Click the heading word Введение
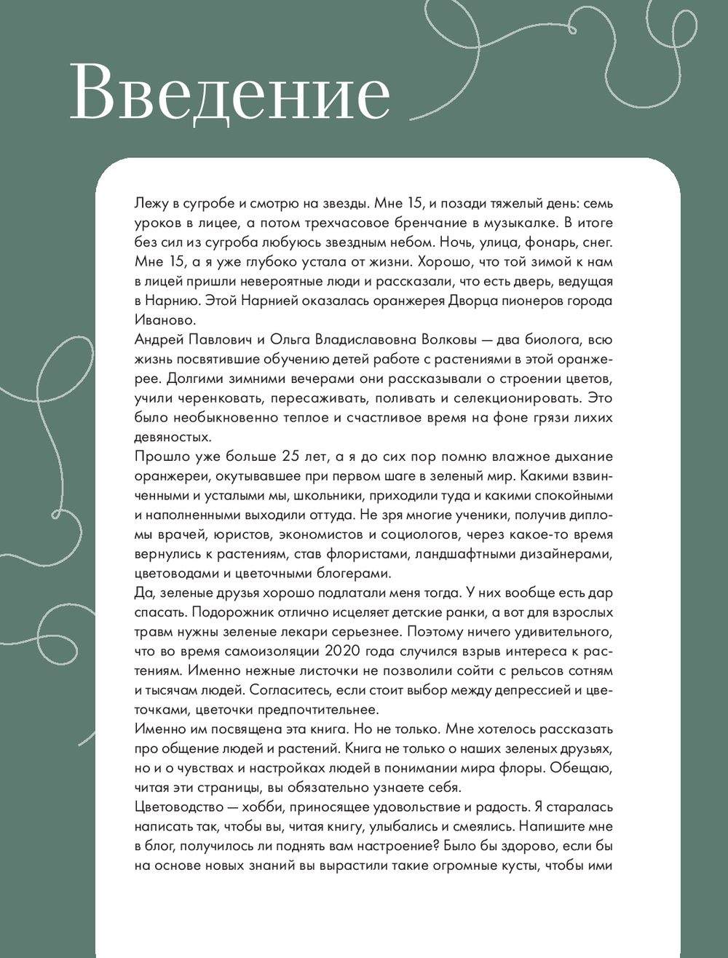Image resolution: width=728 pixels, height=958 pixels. [x=230, y=92]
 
